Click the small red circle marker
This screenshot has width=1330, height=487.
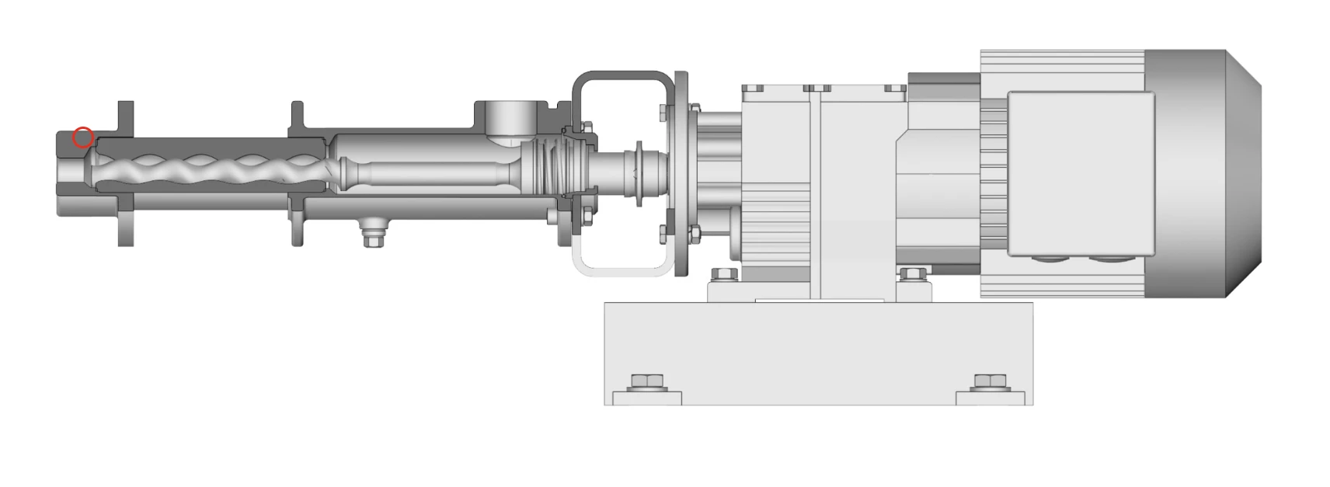(x=83, y=138)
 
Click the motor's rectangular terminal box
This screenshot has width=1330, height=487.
(x=1080, y=172)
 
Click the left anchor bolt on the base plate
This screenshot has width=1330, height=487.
(x=646, y=383)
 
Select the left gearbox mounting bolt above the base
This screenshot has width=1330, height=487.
(x=723, y=274)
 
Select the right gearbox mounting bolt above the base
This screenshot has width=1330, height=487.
(x=912, y=274)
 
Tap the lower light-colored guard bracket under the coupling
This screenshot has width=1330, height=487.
(x=621, y=269)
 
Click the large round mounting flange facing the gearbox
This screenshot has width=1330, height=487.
(x=681, y=172)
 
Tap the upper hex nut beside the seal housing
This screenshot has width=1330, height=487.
(x=587, y=127)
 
